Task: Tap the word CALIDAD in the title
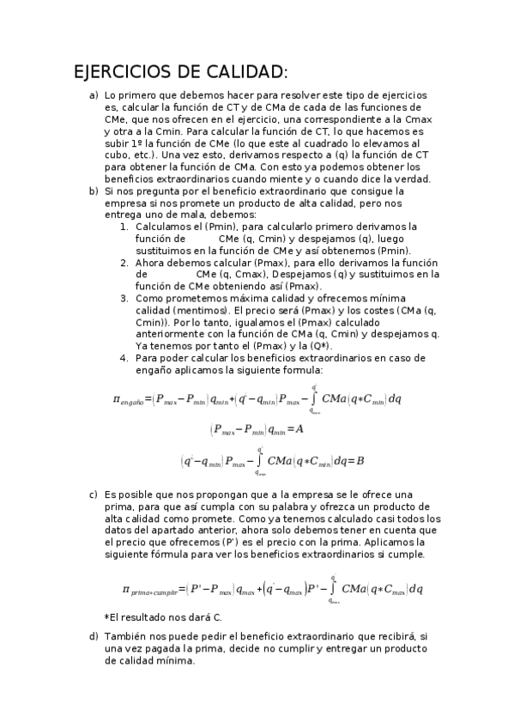[x=243, y=71]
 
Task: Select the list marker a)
[x=94, y=95]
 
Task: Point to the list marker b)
[x=94, y=191]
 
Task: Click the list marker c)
[x=94, y=495]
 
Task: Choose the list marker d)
[x=94, y=636]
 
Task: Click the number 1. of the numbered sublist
[x=125, y=227]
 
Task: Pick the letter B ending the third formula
[x=360, y=461]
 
